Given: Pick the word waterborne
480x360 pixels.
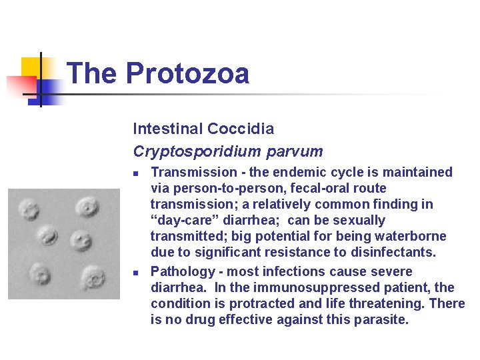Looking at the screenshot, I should tap(412, 237).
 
